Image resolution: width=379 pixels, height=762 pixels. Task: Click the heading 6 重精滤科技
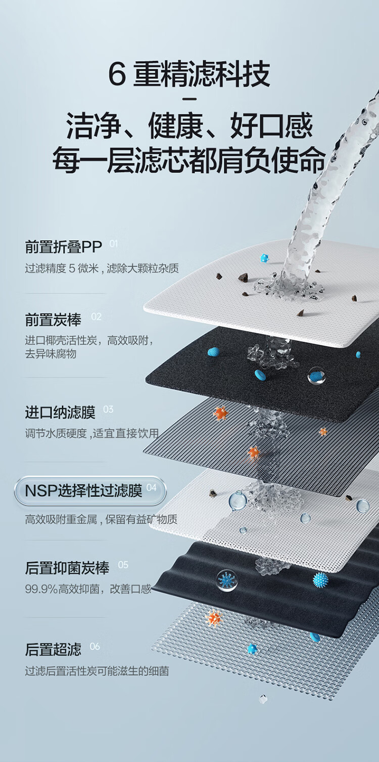[x=189, y=74]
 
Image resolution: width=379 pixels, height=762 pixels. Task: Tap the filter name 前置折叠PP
[x=63, y=247]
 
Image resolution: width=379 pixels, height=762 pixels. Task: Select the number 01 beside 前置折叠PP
[x=113, y=244]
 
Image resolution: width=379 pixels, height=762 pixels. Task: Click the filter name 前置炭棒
[x=53, y=320]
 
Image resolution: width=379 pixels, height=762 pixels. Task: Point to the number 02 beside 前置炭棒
[x=96, y=317]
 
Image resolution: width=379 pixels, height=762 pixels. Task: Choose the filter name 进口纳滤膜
[x=60, y=413]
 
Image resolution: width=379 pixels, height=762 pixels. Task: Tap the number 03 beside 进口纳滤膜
[x=108, y=410]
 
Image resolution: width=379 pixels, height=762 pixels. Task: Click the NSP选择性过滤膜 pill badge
[x=90, y=491]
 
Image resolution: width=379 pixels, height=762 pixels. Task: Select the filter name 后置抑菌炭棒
[x=67, y=568]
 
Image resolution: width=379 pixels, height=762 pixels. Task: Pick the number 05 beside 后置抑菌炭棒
[x=123, y=565]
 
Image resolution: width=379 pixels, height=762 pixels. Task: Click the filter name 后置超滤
[x=53, y=649]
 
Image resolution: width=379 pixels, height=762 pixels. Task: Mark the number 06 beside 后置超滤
[x=95, y=647]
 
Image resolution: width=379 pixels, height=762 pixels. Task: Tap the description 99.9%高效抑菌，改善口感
[x=88, y=589]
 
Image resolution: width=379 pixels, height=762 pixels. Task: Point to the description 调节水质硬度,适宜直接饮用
[x=91, y=433]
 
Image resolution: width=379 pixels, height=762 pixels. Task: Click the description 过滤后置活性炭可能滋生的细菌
[x=97, y=671]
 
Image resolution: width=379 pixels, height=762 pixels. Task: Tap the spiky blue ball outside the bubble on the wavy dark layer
[x=320, y=579]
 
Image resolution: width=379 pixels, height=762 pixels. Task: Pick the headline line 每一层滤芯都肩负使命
[x=189, y=160]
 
